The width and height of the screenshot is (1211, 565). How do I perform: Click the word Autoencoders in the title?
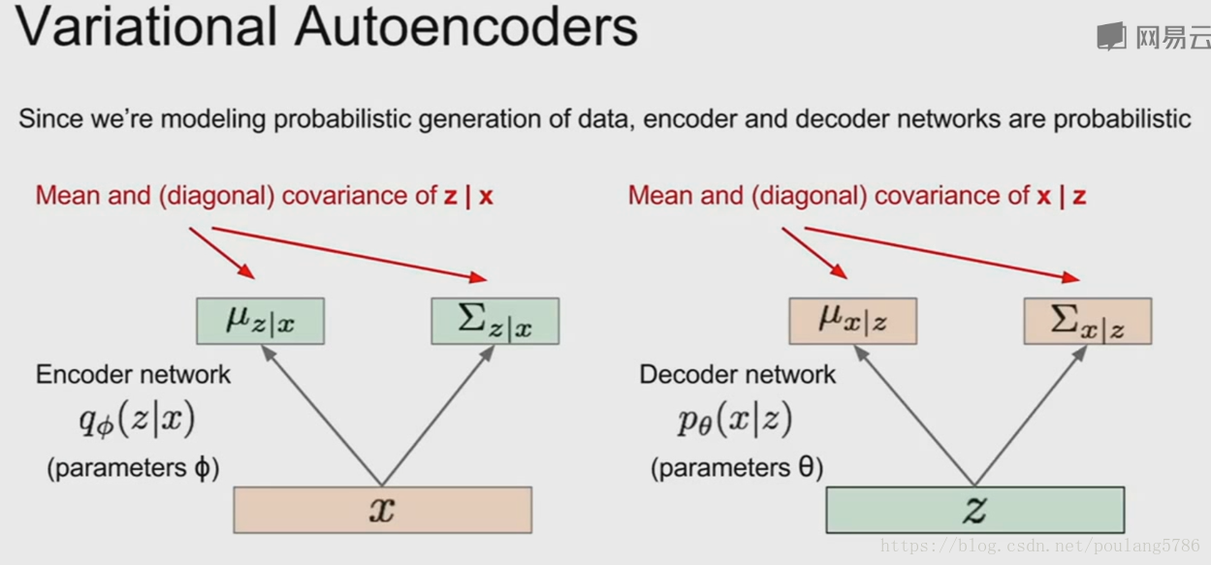coord(466,26)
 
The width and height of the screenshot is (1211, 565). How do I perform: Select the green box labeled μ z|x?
coord(260,321)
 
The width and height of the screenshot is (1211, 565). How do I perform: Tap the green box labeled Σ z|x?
coord(494,321)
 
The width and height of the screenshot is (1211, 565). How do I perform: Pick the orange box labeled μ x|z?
coord(852,321)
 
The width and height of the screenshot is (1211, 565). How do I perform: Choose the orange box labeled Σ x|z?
coord(1087,321)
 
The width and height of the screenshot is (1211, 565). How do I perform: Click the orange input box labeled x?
coord(382,510)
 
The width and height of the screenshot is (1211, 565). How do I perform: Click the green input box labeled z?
coord(974,510)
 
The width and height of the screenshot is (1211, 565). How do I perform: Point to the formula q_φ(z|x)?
coord(137,420)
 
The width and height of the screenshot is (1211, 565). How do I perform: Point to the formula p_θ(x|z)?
coord(735,420)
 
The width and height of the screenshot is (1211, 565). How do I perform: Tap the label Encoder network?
coord(133,375)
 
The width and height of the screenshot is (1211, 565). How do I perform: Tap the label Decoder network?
coord(737,375)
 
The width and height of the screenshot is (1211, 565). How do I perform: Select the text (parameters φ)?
coord(134,467)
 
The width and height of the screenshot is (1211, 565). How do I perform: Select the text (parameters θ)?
coord(737,467)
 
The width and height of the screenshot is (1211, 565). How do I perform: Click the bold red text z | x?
coord(468,196)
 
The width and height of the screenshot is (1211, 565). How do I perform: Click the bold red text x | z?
coord(1061,196)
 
